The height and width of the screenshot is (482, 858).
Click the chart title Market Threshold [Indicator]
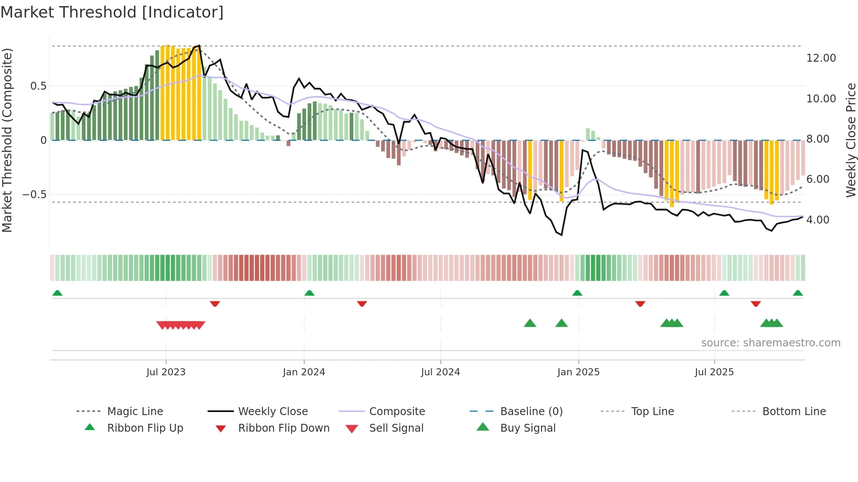point(112,12)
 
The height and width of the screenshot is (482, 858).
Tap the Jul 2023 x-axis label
point(166,372)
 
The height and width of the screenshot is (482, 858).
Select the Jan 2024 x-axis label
point(304,372)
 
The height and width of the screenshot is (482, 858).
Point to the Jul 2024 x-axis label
point(440,372)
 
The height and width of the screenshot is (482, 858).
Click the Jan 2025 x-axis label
point(578,372)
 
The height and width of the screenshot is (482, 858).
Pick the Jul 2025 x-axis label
point(714,372)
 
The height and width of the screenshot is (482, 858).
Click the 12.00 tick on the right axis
point(821,58)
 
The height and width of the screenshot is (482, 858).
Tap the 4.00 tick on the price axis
point(818,220)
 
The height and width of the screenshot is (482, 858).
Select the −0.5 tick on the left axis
point(34,195)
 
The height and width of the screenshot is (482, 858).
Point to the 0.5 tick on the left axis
point(38,86)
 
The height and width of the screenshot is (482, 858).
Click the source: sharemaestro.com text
point(770,343)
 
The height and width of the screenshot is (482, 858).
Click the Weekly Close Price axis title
point(851,140)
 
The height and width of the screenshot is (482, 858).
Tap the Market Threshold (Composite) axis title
point(7,140)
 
